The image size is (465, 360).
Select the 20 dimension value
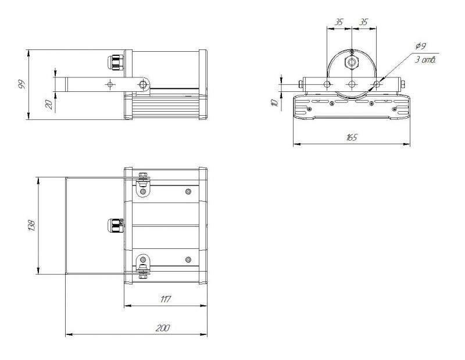tap(49, 104)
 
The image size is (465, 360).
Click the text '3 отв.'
tap(425, 59)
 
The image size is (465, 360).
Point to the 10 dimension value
tap(274, 103)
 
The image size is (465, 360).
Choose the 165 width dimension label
tap(351, 137)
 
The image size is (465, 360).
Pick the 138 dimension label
tap(31, 225)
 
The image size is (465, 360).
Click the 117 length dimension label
tap(165, 299)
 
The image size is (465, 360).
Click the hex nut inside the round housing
tap(352, 63)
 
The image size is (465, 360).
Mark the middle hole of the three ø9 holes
tap(352, 84)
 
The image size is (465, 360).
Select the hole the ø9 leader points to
tap(376, 84)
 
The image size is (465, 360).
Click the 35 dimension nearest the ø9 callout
tap(364, 22)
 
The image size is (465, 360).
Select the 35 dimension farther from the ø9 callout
tap(339, 22)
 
